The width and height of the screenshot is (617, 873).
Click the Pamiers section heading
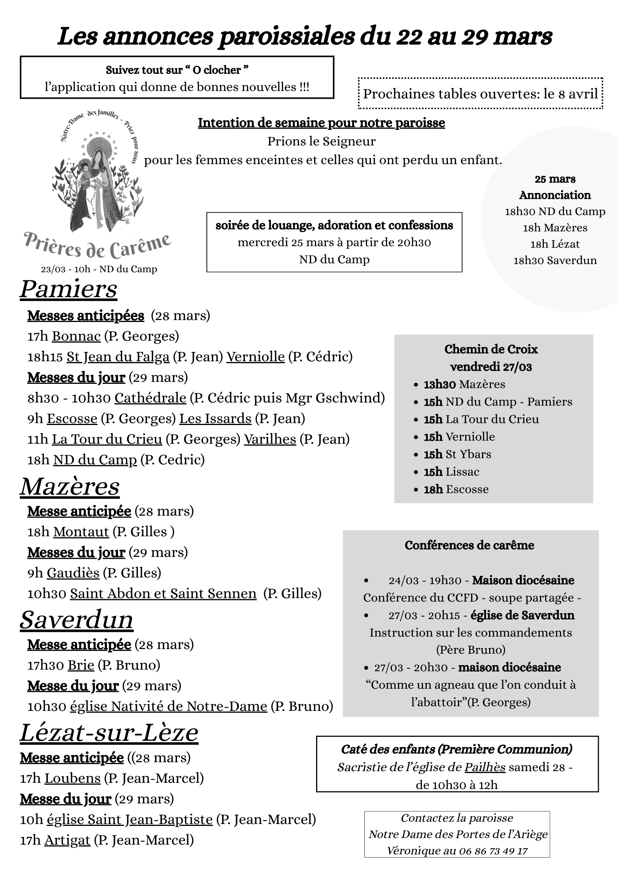68,289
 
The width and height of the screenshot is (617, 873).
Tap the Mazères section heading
70,486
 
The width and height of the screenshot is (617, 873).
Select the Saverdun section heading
77,620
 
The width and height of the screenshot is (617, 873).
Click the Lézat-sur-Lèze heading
109,733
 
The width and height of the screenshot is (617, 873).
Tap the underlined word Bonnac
76,336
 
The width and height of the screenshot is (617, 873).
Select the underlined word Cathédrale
150,398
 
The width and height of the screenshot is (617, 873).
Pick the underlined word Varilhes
270,439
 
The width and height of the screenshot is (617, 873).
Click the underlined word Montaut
81,532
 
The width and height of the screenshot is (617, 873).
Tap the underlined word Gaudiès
73,573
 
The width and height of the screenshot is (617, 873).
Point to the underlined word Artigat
67,840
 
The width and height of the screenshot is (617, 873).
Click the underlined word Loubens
72,778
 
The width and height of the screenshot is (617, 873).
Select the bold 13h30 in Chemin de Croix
439,384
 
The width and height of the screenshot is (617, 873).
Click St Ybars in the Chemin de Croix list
468,454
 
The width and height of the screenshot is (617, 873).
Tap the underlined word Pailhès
485,767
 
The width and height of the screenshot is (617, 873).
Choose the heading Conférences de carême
469,545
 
